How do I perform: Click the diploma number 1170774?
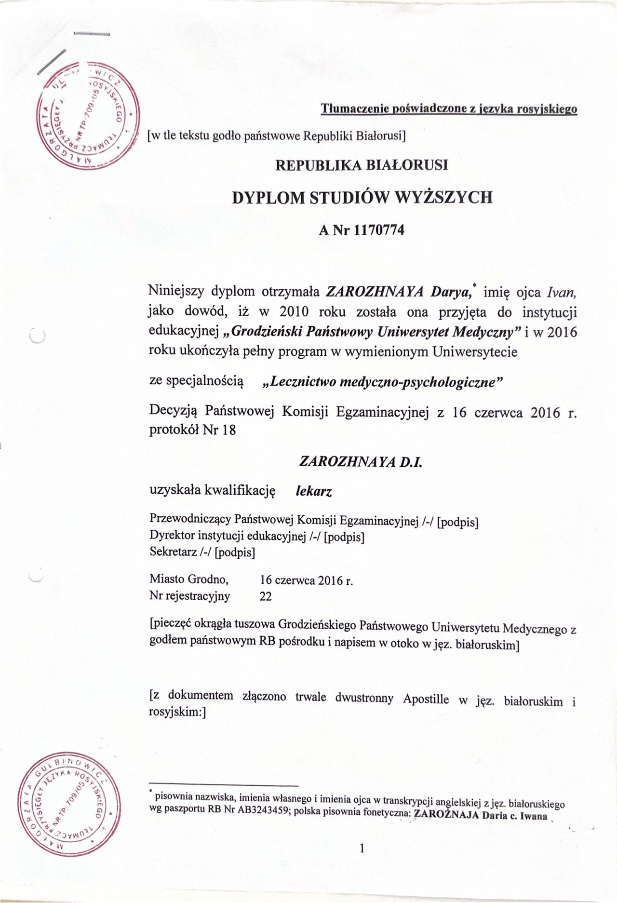379,230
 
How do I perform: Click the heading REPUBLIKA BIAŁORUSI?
362,165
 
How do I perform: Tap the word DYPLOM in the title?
267,198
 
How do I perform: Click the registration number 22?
266,597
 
